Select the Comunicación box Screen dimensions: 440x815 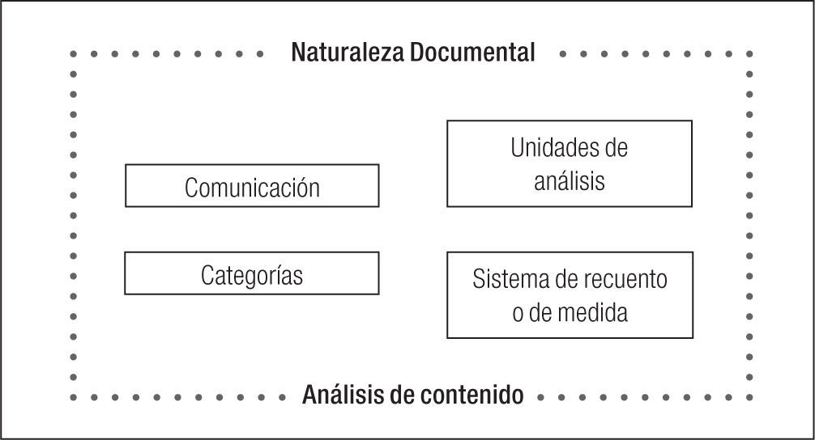pos(252,185)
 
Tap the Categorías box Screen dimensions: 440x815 pos(252,273)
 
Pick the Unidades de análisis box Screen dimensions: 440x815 pos(570,163)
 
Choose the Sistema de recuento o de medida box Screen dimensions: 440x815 pos(570,294)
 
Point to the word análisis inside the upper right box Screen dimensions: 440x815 pos(570,180)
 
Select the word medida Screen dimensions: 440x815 pos(597,312)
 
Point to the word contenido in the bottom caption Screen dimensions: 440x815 pos(473,396)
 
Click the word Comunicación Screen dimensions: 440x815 pos(252,188)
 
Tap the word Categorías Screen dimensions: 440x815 pos(252,275)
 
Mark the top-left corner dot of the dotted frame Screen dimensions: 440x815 pos(74,54)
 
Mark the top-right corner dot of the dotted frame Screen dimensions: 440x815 pos(750,54)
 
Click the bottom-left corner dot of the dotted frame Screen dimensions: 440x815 pos(74,397)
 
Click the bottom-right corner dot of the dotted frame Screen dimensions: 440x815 pos(750,397)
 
